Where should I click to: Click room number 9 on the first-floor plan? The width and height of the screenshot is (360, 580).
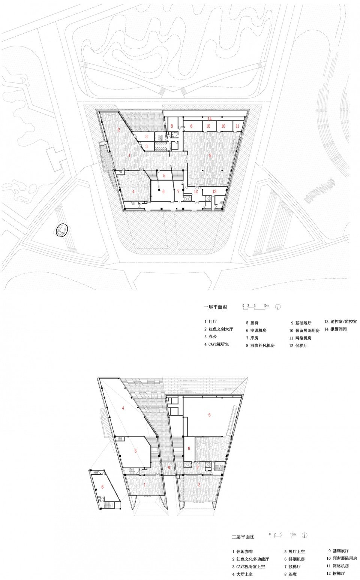tap(210, 155)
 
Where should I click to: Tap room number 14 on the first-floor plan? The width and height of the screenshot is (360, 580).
tap(210, 119)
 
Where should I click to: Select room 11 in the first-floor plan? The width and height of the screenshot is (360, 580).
tap(237, 126)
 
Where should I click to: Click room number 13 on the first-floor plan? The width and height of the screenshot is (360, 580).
tap(214, 191)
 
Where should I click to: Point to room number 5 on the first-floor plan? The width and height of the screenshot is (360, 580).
tap(164, 175)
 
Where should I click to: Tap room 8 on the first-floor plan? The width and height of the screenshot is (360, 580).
tap(172, 126)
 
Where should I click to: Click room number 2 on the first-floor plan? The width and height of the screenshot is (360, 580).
tap(118, 130)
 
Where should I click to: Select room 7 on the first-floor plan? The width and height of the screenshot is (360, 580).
tap(178, 191)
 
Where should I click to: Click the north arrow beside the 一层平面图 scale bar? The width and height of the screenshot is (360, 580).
tap(278, 306)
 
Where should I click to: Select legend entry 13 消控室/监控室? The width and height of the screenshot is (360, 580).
tap(340, 321)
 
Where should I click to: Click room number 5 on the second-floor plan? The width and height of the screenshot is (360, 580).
tap(209, 415)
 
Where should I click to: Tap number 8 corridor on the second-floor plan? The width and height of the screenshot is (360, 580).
tap(169, 467)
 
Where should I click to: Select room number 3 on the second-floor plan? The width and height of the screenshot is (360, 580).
tap(135, 451)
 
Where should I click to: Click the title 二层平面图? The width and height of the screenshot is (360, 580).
tap(243, 537)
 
